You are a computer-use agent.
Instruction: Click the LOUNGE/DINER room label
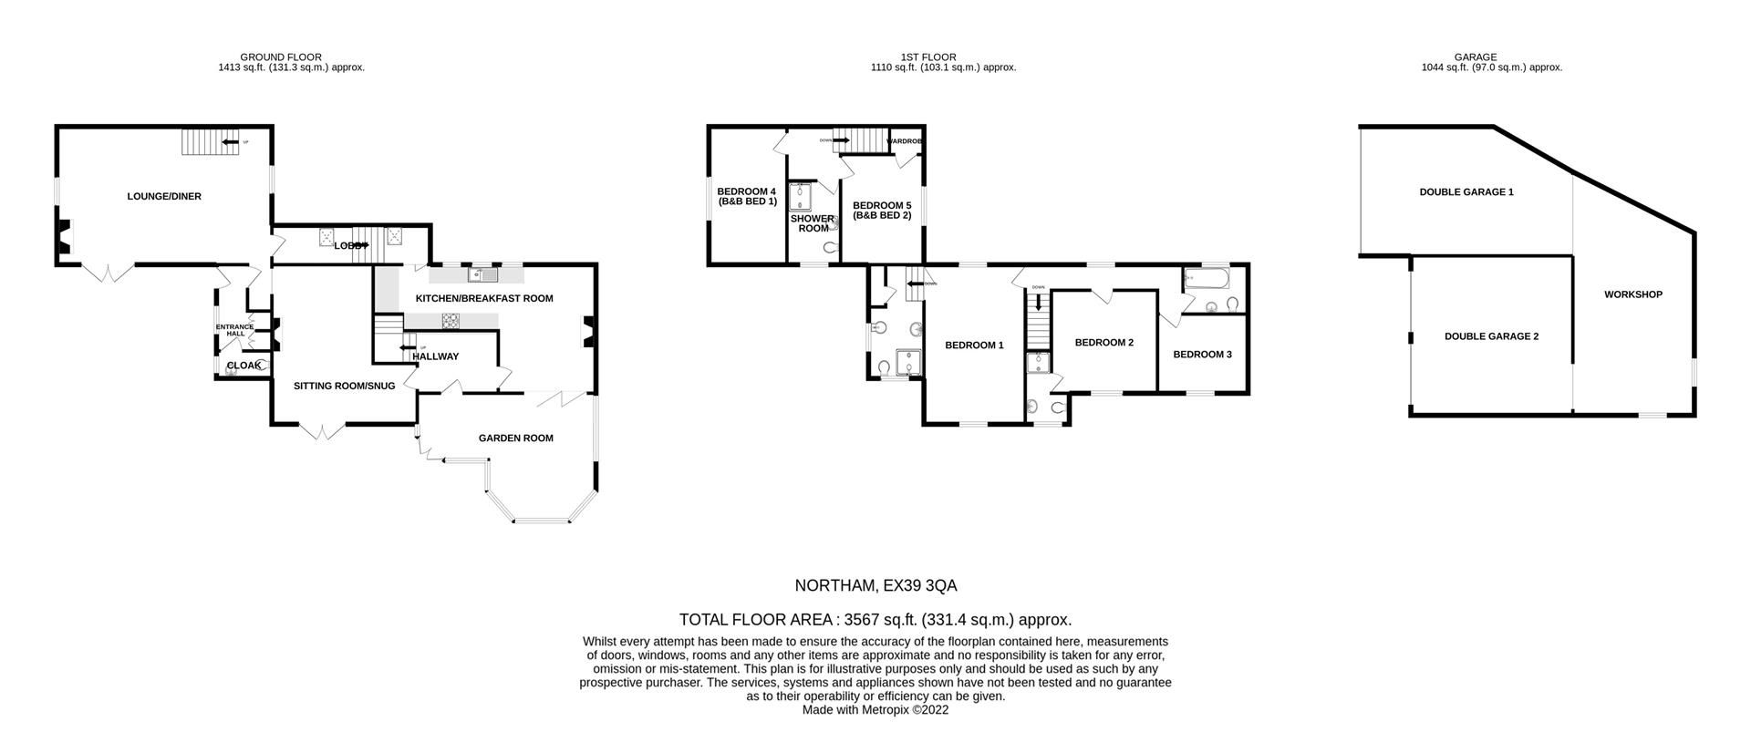click(164, 196)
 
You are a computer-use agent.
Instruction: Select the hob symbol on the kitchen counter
click(451, 319)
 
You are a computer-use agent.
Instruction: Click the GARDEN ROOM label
click(516, 438)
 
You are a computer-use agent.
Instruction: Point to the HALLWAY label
click(435, 356)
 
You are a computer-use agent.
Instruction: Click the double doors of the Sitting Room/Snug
click(322, 431)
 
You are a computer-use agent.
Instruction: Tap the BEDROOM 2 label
click(1103, 343)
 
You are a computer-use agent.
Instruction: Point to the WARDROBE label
click(905, 141)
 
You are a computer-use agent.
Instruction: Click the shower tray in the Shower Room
click(801, 198)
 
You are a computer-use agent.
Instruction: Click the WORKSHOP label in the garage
click(1632, 294)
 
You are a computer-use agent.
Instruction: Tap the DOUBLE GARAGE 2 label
click(1491, 336)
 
